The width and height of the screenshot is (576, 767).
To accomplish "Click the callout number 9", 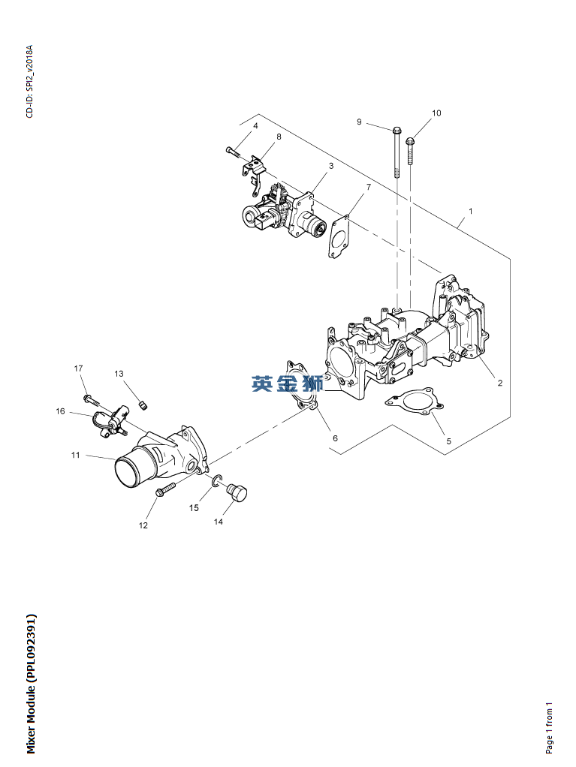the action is pos(359,122).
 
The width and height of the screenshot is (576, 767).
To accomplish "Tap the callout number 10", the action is pos(436,113).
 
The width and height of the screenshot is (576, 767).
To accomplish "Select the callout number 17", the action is pos(78,368).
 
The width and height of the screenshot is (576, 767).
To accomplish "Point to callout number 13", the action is pos(119,374).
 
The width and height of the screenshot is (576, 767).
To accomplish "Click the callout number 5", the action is pos(449,441).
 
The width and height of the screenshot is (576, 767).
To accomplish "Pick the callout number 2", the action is pos(499,383).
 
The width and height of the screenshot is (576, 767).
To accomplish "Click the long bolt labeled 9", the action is pos(397,152).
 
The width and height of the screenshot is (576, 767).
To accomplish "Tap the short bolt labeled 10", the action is pos(410,151).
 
